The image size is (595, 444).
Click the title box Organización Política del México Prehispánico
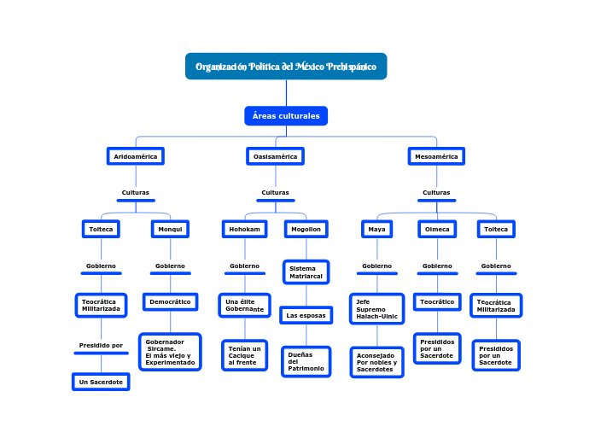point(286,67)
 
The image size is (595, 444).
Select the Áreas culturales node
point(286,116)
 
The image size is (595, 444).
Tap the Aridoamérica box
point(136,156)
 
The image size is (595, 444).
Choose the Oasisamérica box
point(275,156)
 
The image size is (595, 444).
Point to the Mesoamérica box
point(436,156)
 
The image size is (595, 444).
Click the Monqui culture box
point(170,229)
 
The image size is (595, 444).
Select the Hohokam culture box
point(245,229)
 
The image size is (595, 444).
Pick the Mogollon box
point(306,229)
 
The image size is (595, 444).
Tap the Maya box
point(376,229)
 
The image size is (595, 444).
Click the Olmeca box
point(437,229)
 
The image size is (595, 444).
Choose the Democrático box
point(170,302)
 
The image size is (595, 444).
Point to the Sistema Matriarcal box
point(306,272)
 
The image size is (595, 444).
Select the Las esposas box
point(306,316)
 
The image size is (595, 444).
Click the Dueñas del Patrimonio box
point(306,361)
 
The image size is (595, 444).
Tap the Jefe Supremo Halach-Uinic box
point(376,309)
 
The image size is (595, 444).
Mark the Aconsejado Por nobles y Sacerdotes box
point(376,362)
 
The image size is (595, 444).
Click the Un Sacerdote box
point(101,383)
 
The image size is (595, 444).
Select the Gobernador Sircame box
point(170,352)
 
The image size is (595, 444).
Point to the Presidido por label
point(101,346)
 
